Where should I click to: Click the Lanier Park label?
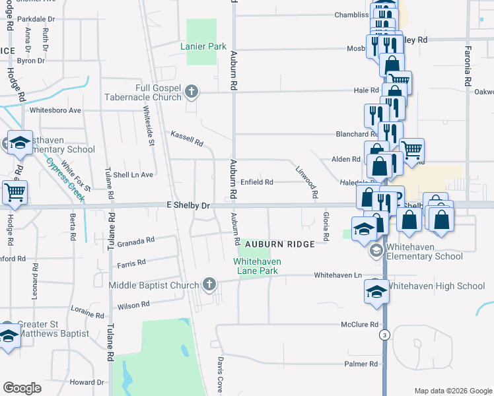(x=204, y=46)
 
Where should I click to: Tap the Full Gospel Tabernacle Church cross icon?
(x=192, y=92)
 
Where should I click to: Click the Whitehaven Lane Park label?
(x=257, y=266)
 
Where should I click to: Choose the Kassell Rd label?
(x=186, y=138)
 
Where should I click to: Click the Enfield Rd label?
(x=256, y=181)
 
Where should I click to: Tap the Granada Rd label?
(x=135, y=242)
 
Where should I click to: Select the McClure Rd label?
(x=359, y=325)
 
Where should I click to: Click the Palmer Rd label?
(x=361, y=364)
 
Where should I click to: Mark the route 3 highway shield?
(x=384, y=335)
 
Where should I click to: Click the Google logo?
(x=22, y=388)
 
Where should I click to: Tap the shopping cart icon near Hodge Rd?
(x=15, y=192)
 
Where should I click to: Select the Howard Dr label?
(x=87, y=382)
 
